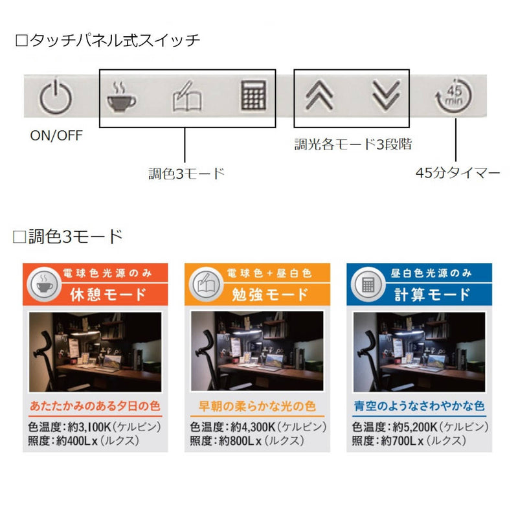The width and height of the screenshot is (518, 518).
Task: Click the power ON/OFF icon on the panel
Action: coord(56,96)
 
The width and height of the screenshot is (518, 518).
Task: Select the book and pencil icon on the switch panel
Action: coord(187,96)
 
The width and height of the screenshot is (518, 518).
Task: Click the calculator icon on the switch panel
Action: coord(253,95)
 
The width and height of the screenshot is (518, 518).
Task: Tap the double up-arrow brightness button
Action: coord(319,95)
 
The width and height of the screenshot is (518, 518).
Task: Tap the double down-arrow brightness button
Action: coord(386,95)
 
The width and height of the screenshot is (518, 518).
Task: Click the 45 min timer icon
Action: coord(454,96)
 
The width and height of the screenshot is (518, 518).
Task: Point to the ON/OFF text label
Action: coord(56,135)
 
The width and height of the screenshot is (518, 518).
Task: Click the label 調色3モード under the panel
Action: coord(186,174)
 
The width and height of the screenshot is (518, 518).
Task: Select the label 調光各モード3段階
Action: coord(353,144)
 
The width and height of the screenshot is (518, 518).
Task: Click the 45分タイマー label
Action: coord(458,173)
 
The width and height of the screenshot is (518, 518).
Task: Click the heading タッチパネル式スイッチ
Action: coord(107,40)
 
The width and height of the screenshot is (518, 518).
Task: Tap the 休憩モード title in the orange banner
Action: coord(108,295)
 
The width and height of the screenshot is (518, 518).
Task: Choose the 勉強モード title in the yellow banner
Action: coord(270,295)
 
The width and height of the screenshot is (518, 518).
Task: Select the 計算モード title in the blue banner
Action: coord(432,295)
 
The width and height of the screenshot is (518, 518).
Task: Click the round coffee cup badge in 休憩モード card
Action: coord(44,284)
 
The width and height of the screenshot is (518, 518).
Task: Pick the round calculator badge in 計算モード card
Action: coord(368,284)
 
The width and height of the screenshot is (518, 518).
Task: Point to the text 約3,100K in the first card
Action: coord(89,427)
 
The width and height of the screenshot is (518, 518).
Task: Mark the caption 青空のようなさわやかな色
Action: coord(419,406)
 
